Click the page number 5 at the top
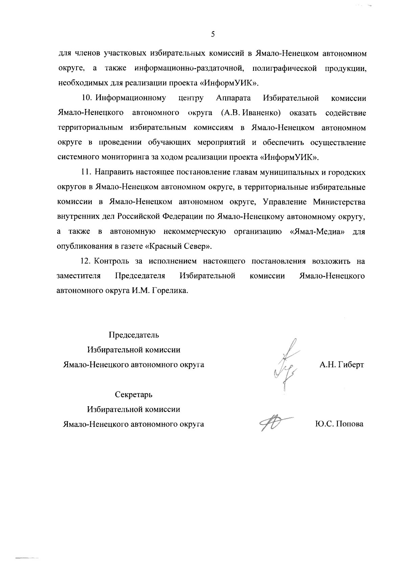pos(213,34)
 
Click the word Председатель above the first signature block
pos(134,335)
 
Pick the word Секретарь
pos(134,394)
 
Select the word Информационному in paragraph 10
pos(131,98)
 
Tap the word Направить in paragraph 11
pos(114,172)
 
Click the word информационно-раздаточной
pos(189,68)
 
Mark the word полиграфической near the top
pos(284,68)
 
